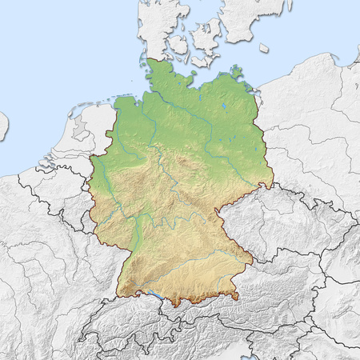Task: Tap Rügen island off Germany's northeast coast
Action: click(x=237, y=74)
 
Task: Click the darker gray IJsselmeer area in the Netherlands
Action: click(x=81, y=127)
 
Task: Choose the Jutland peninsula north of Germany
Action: click(x=156, y=24)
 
